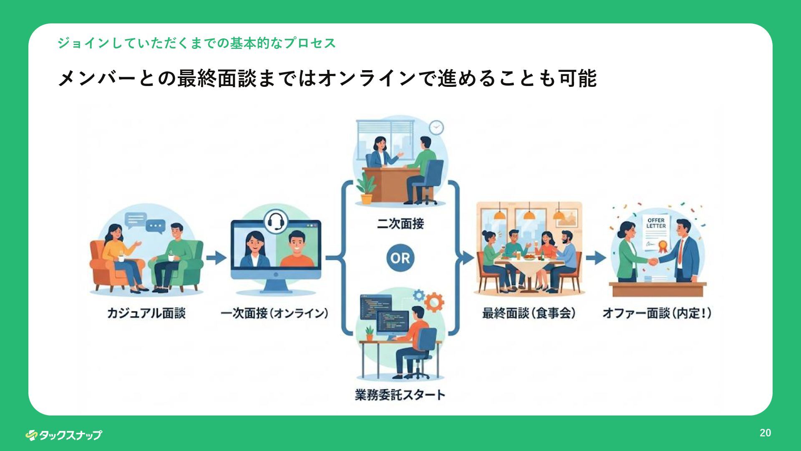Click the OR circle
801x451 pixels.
tap(400, 258)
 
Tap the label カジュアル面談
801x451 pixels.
tap(146, 313)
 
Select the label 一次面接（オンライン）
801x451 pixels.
tap(275, 313)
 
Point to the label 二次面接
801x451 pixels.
tap(400, 224)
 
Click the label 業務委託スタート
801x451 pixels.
tap(400, 394)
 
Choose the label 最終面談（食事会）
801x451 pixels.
tap(529, 313)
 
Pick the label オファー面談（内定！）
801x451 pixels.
tap(657, 313)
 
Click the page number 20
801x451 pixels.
tap(765, 433)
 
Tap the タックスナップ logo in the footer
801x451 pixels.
tap(63, 435)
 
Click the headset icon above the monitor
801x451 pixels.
tap(275, 221)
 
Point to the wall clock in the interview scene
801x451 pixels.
tap(436, 127)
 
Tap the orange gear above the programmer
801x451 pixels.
tap(434, 302)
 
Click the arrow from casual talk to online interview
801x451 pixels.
tap(216, 258)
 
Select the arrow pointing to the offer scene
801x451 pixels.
tap(596, 258)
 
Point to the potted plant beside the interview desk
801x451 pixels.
tap(366, 190)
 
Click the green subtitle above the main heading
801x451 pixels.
tap(196, 43)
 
